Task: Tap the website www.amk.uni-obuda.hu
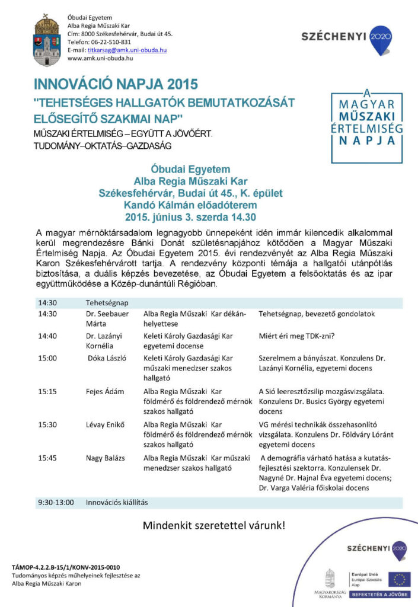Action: [100, 58]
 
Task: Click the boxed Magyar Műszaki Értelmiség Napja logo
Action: [366, 122]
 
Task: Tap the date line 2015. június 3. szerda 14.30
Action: [190, 216]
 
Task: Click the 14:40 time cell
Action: [47, 336]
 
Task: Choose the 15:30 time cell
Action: [47, 424]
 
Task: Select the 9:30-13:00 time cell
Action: [55, 502]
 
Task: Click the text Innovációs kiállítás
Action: [116, 502]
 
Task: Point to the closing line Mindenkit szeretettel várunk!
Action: [213, 525]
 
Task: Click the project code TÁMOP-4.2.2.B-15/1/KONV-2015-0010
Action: [66, 567]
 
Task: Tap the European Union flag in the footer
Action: [400, 579]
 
